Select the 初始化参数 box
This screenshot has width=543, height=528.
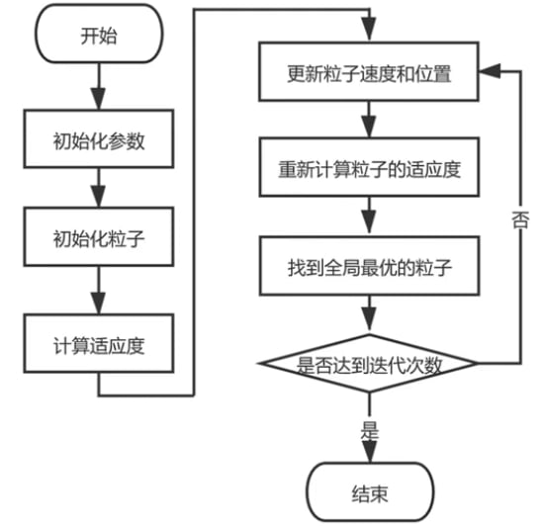coord(99,140)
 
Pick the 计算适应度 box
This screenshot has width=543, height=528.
coord(99,345)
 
